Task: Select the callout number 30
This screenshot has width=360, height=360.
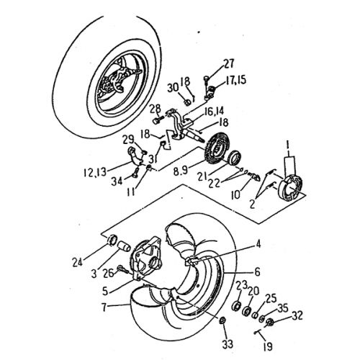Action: point(172,88)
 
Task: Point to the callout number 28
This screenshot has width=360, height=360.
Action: point(156,109)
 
